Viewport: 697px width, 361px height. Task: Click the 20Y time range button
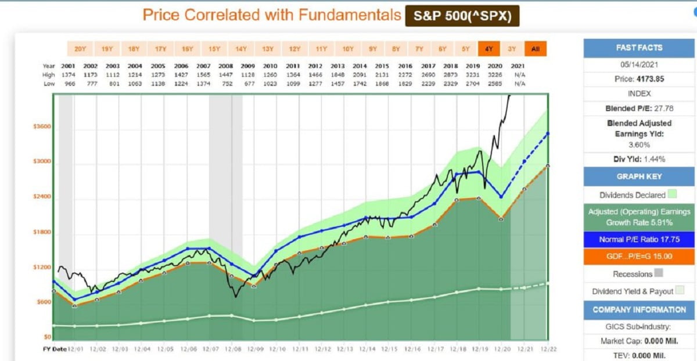click(x=80, y=49)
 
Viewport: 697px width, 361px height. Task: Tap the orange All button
click(x=535, y=49)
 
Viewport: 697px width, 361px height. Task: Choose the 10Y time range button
click(x=347, y=49)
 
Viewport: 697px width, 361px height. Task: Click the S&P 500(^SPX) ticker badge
click(x=462, y=16)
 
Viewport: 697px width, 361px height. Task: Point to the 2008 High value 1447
click(x=227, y=75)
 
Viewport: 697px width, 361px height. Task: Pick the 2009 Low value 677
click(x=249, y=84)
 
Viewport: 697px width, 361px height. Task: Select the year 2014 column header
click(x=361, y=66)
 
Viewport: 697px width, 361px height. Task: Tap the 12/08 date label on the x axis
click(x=232, y=349)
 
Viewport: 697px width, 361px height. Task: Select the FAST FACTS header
click(x=638, y=48)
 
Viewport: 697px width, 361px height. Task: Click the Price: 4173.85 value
click(x=638, y=78)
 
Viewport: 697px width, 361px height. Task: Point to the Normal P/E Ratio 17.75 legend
click(x=638, y=240)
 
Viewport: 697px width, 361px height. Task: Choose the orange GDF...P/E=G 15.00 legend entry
click(x=638, y=257)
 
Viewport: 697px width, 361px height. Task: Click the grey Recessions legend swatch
click(x=658, y=273)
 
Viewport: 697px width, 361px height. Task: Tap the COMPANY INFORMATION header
click(x=638, y=309)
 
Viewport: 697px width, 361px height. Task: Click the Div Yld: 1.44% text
click(x=638, y=159)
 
